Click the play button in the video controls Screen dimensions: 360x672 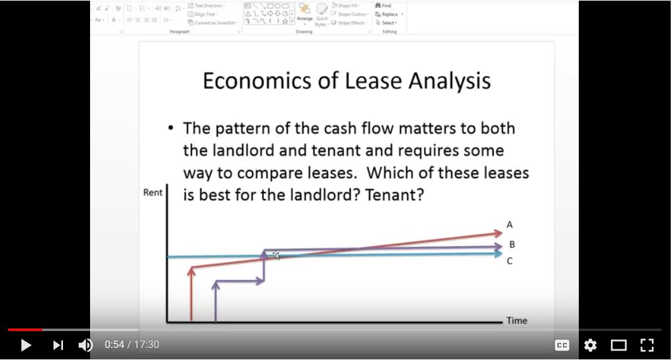coord(26,345)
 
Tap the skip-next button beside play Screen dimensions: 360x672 coord(58,345)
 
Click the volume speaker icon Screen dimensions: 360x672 coord(86,345)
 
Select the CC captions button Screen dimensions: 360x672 coord(561,345)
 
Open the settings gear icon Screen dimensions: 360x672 coord(590,345)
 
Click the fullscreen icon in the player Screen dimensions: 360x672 coord(647,345)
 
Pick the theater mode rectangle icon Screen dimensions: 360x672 coord(618,345)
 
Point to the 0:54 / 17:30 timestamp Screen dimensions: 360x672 coord(132,345)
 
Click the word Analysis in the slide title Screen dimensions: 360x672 coord(450,82)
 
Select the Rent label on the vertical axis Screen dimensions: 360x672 coord(152,193)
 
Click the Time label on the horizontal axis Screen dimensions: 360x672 coord(516,320)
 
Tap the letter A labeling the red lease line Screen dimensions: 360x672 coord(510,225)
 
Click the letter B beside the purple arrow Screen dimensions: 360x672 coord(512,244)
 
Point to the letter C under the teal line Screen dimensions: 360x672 coord(510,261)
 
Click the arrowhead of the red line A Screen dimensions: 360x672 coord(498,232)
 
